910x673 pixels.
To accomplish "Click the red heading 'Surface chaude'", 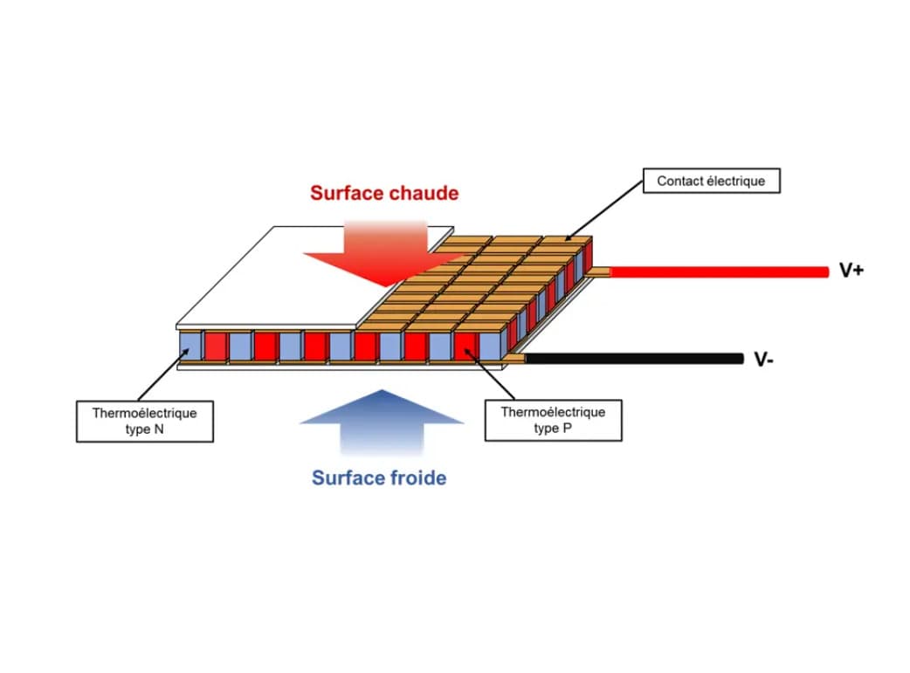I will (x=383, y=193).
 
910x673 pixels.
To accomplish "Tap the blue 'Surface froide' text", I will (x=379, y=477).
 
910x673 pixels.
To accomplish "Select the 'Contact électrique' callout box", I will (x=711, y=181).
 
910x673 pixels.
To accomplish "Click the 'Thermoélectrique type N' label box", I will (x=145, y=421).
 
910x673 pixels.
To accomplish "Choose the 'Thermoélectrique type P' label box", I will (x=553, y=420).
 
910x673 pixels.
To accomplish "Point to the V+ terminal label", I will (x=851, y=271).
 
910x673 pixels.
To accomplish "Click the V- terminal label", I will (x=763, y=360).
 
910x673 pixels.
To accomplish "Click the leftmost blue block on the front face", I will (x=190, y=347).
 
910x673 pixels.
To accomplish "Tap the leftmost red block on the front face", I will (x=215, y=347).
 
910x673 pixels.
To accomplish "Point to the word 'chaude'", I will (x=421, y=193).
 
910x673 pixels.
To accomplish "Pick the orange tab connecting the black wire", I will (x=514, y=358).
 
